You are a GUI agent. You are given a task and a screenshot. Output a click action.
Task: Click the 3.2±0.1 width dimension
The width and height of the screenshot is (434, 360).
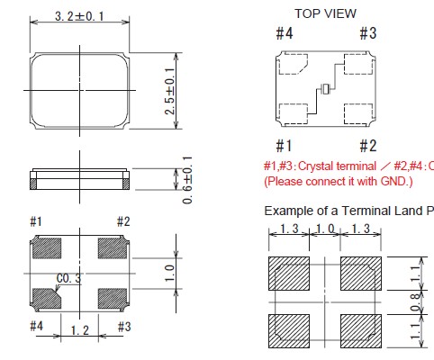click(79, 16)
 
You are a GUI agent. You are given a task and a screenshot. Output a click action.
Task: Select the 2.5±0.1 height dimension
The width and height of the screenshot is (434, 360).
click(170, 91)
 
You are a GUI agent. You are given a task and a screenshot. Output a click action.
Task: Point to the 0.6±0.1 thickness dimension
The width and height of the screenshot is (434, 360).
click(187, 180)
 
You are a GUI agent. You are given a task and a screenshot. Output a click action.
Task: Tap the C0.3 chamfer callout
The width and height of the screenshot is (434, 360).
click(68, 278)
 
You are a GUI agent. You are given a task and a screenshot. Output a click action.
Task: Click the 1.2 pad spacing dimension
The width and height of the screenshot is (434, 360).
click(80, 330)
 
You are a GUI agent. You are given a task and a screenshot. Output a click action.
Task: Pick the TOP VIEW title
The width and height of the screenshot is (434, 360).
click(325, 13)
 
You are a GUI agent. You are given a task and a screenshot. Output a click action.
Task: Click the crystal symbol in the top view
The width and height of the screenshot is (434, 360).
click(326, 89)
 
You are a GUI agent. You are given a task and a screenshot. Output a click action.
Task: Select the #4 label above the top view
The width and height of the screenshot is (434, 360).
click(285, 33)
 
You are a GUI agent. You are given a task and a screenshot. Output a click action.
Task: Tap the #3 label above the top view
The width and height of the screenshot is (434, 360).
click(368, 33)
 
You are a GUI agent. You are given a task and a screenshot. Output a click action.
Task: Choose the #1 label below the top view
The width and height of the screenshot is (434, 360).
click(284, 146)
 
